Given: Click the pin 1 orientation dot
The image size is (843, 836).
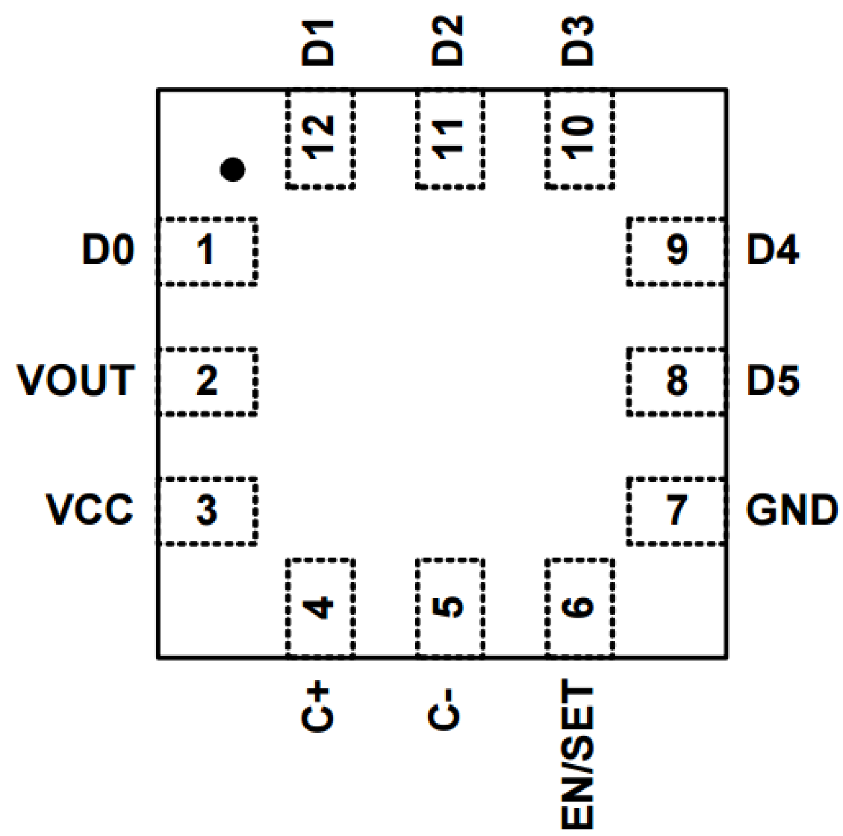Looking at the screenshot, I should [232, 169].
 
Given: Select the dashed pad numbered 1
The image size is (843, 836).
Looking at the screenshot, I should [207, 251].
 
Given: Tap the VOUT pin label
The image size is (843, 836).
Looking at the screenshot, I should [76, 380].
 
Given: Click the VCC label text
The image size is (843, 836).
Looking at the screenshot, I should [90, 510].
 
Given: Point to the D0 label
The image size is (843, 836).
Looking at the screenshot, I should [107, 250].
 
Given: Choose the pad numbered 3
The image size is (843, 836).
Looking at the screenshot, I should [207, 511].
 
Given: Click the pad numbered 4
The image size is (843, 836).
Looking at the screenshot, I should [320, 607].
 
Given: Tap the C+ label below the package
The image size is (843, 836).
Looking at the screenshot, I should [316, 707].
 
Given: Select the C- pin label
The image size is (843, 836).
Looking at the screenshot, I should [445, 709].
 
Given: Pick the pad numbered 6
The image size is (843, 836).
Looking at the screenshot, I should [579, 607].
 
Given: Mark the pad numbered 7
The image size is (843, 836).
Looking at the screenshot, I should [677, 511].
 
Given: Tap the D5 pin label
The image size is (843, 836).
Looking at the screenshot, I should [773, 380].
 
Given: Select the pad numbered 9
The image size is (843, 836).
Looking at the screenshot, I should [677, 251].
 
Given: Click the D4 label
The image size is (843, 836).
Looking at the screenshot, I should [773, 250].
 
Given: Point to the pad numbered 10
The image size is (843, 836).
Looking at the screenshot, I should [579, 138].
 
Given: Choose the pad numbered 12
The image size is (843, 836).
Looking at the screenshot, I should [320, 138].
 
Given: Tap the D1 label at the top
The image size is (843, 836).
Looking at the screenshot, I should [317, 42].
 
